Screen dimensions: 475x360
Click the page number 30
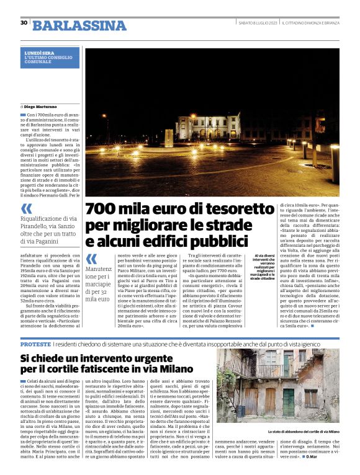tap(24, 23)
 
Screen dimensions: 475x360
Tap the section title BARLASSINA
tap(79, 25)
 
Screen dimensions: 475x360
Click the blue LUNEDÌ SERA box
tap(51, 58)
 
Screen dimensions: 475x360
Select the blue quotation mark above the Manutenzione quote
tap(91, 259)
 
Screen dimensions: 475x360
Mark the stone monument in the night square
tap(169, 137)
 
